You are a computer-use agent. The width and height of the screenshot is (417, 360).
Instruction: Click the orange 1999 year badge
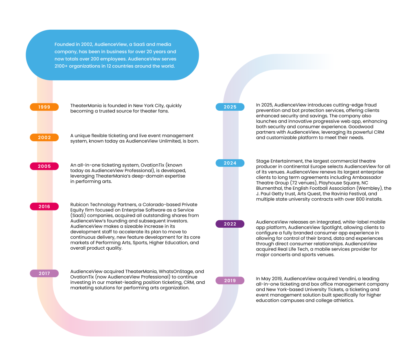(x=44, y=107)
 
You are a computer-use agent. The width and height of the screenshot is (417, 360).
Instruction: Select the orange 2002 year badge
(x=44, y=138)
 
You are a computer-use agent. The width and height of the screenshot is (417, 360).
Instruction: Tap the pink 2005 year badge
(x=44, y=166)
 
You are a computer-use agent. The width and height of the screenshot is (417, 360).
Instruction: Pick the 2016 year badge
(x=44, y=206)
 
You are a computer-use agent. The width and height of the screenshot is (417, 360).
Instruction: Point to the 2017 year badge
(x=44, y=273)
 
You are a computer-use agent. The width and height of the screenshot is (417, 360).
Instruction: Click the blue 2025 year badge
(x=230, y=107)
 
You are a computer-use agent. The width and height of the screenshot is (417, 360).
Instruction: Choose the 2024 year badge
(x=230, y=163)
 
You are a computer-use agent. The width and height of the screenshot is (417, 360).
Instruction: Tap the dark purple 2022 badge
(x=230, y=224)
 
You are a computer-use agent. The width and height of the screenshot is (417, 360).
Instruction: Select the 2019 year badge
(x=230, y=281)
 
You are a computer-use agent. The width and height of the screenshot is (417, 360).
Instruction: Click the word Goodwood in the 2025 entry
(x=361, y=127)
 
